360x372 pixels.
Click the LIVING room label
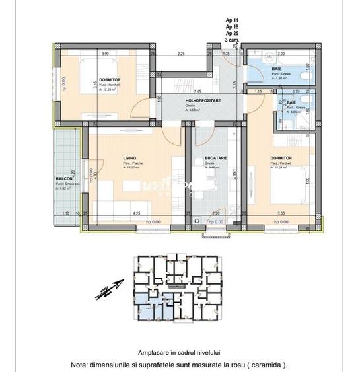coord(129,157)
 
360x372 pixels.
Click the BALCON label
coord(64,179)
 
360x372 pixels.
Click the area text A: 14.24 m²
coord(282,167)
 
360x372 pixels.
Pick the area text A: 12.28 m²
coord(110,89)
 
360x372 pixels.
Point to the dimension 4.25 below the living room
coord(135,213)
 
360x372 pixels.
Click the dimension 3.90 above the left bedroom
coord(104,54)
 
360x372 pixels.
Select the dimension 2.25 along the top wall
coord(180,54)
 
